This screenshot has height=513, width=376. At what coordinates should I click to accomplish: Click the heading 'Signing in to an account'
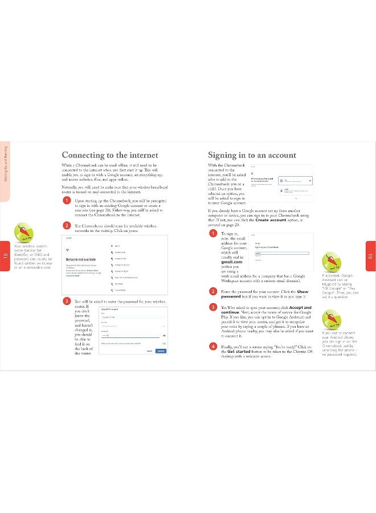(x=251, y=154)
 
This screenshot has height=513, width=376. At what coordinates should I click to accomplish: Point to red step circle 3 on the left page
(x=67, y=300)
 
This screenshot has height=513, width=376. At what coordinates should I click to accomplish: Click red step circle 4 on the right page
(x=212, y=346)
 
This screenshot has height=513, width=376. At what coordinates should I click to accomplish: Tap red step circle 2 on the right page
(x=212, y=291)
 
